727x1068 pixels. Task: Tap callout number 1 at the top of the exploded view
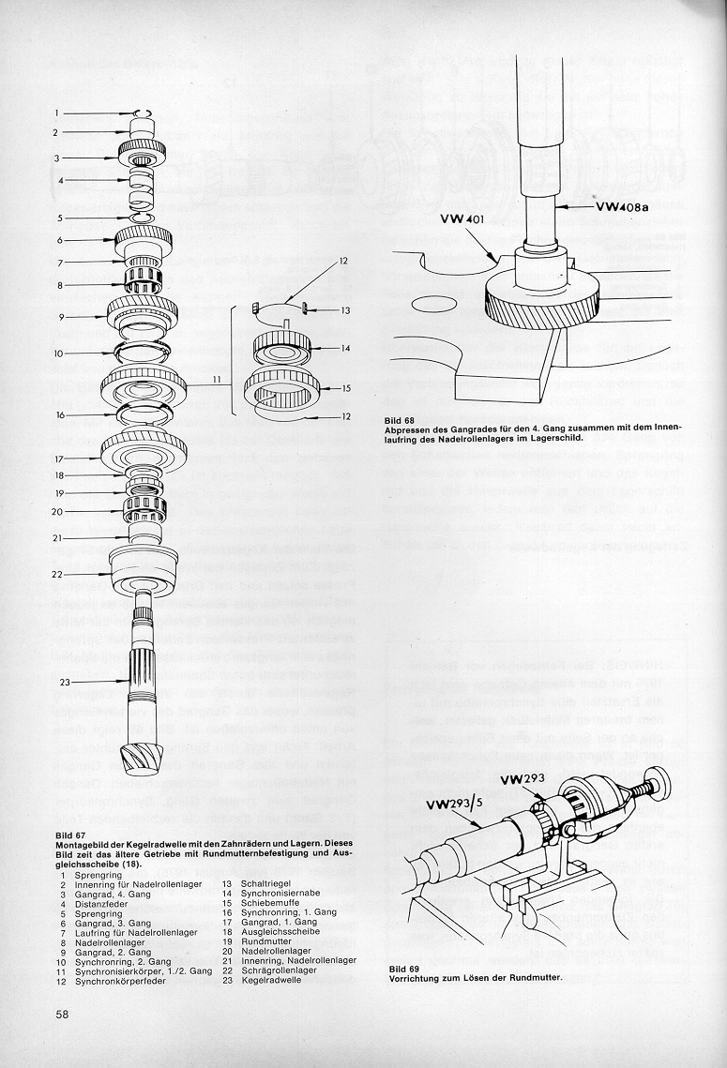[56, 113]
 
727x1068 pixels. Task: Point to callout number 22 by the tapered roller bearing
[57, 573]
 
